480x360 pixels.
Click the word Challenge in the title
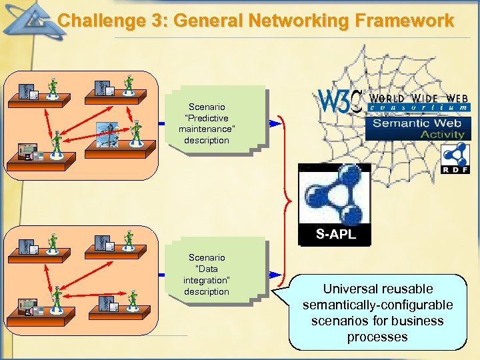tap(101, 21)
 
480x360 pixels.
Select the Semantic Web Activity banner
tap(418, 129)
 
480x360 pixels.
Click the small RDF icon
tap(455, 159)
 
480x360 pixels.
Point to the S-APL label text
tap(336, 234)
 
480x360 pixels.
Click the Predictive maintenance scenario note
tap(217, 121)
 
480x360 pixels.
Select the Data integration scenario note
tap(217, 272)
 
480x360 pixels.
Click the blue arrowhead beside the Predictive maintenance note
tap(275, 124)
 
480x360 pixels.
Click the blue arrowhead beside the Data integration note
tap(275, 275)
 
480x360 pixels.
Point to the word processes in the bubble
tap(377, 337)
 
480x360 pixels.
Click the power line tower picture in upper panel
tap(107, 135)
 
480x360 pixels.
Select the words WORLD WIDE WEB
tap(419, 99)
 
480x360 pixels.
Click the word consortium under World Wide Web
tap(419, 107)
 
